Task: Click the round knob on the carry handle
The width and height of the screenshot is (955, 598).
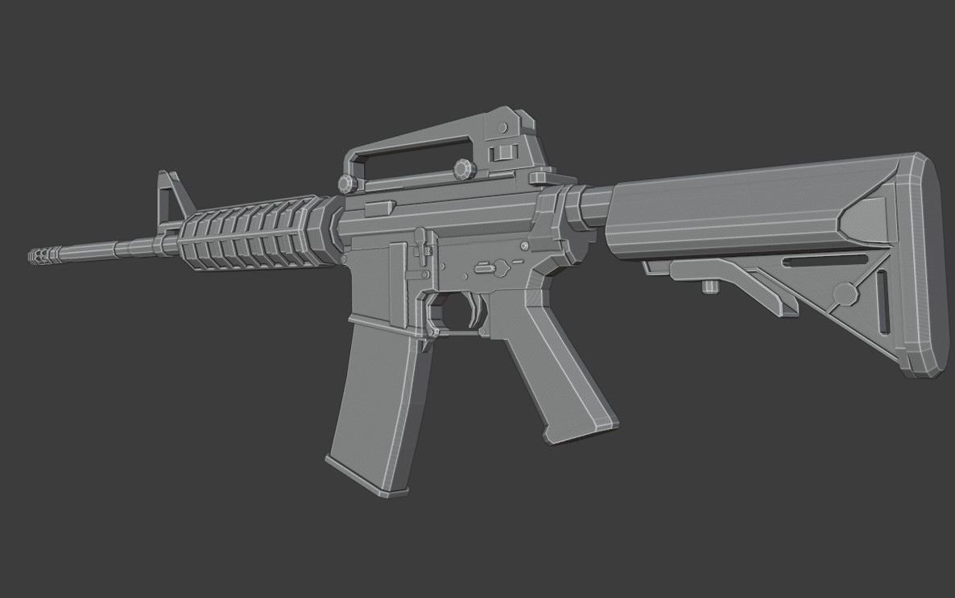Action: [463, 170]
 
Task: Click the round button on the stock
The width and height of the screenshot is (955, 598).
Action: [845, 294]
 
